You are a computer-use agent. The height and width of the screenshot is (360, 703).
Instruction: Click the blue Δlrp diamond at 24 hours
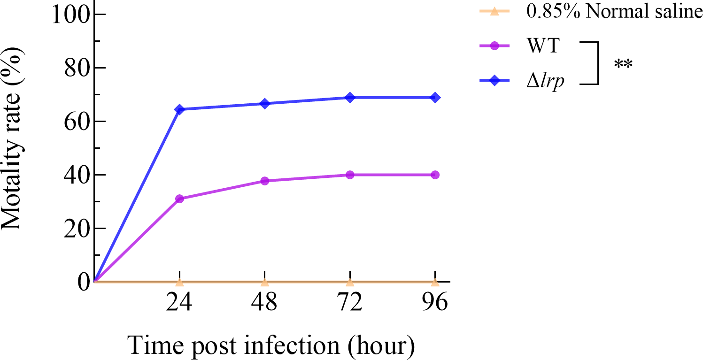click(x=179, y=109)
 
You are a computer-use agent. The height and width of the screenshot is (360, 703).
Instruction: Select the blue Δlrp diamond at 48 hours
click(x=265, y=104)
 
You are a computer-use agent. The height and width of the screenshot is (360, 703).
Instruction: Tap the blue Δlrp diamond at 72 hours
click(x=350, y=98)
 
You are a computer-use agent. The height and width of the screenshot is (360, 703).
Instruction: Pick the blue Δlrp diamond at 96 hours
click(x=435, y=98)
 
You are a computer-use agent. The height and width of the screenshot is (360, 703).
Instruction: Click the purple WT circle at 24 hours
click(x=179, y=199)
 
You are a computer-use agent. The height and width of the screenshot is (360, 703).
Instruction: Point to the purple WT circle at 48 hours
click(x=265, y=181)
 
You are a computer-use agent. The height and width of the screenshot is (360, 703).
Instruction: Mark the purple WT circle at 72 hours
click(x=350, y=175)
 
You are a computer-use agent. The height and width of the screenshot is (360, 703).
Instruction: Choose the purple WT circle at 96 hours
click(x=435, y=175)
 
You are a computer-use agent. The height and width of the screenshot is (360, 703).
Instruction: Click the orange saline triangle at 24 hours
click(x=179, y=282)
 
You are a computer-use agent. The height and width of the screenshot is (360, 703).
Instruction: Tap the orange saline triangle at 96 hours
click(x=435, y=282)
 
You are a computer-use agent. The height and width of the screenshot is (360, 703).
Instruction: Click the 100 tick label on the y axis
click(x=70, y=14)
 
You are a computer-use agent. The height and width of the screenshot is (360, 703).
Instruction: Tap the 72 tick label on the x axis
click(x=350, y=303)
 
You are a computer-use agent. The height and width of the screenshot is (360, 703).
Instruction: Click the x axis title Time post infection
click(x=271, y=345)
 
